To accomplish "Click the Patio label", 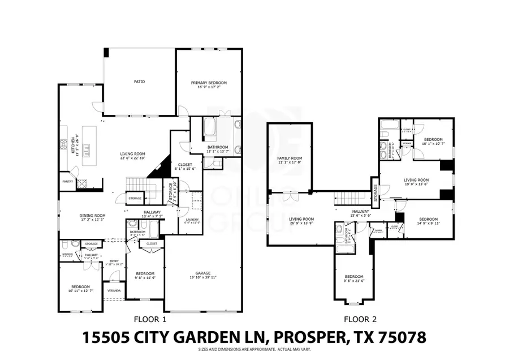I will (139, 82).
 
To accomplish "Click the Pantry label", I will (67, 182).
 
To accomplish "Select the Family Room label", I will (290, 158).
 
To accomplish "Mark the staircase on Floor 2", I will (346, 199).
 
